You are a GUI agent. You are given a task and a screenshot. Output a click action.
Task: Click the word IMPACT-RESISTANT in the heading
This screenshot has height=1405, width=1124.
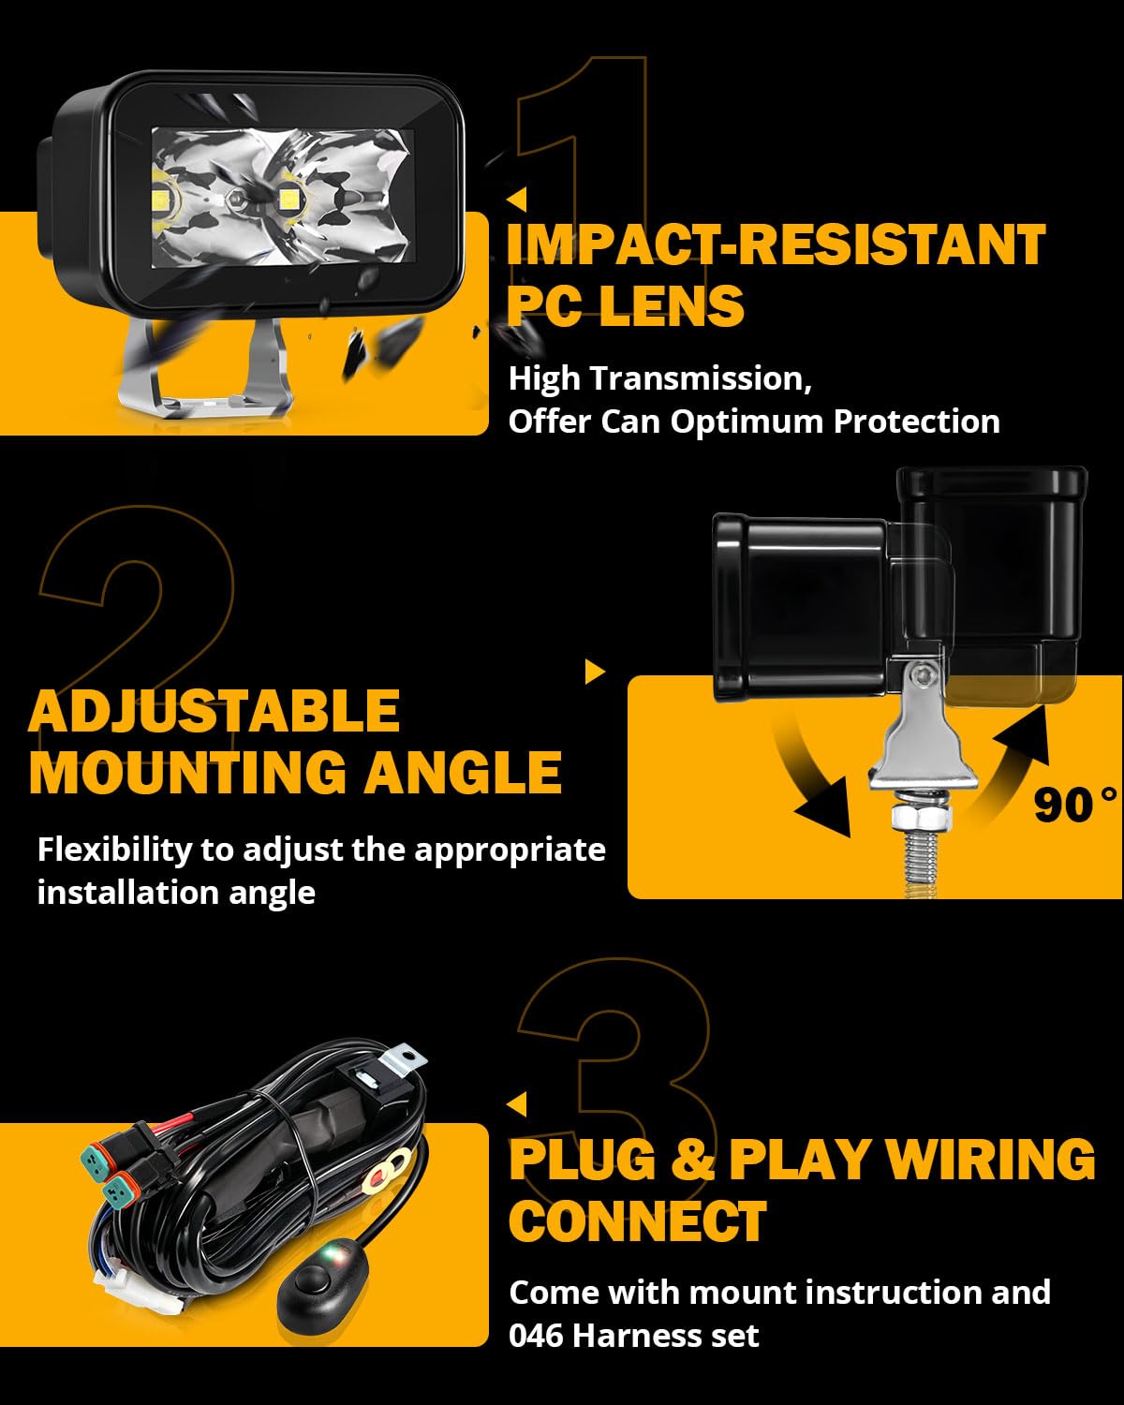pos(776,245)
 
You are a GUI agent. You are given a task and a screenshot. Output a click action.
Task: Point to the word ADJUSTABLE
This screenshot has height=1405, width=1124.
pos(214,711)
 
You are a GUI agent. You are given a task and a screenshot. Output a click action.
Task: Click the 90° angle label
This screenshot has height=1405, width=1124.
pos(1075,805)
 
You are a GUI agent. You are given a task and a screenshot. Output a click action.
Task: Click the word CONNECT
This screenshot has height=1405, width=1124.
pos(638,1221)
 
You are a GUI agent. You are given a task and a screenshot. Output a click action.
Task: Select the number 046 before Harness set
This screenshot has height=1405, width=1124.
pos(536,1335)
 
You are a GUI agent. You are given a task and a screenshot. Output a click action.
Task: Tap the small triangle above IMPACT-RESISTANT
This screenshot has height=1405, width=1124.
pos(516,200)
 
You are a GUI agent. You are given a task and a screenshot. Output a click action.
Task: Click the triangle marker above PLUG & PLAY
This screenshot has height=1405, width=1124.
pos(516,1104)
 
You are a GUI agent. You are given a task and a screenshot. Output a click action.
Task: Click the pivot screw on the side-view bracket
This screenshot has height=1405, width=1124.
pos(925,674)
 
